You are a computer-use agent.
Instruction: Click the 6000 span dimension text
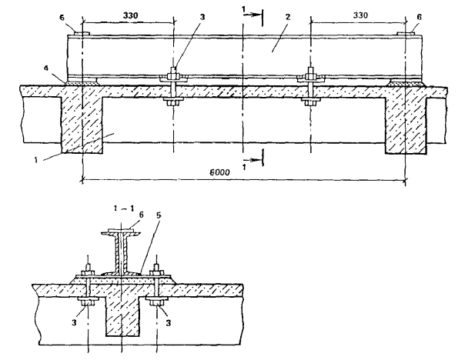pyautogui.click(x=219, y=172)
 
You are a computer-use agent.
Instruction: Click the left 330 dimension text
pyautogui.click(x=130, y=15)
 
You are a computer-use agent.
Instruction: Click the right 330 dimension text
pyautogui.click(x=360, y=15)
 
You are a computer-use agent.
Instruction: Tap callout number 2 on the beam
pyautogui.click(x=287, y=17)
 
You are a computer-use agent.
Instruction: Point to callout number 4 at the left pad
pyautogui.click(x=46, y=68)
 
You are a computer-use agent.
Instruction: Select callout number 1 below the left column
pyautogui.click(x=36, y=161)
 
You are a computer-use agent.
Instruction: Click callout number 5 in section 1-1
pyautogui.click(x=159, y=215)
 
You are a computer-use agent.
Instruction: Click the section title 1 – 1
pyautogui.click(x=124, y=208)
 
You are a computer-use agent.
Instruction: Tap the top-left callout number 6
pyautogui.click(x=62, y=18)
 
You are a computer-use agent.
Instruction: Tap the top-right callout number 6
pyautogui.click(x=419, y=17)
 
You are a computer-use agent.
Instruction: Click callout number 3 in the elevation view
pyautogui.click(x=202, y=17)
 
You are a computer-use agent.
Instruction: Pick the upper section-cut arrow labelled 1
pyautogui.click(x=253, y=14)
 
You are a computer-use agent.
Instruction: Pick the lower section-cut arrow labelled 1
pyautogui.click(x=253, y=160)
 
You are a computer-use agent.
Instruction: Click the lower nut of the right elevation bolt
pyautogui.click(x=310, y=103)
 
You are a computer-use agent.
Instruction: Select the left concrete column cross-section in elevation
pyautogui.click(x=82, y=125)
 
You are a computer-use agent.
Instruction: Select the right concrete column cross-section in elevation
pyautogui.click(x=406, y=125)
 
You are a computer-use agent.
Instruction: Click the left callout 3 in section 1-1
pyautogui.click(x=74, y=322)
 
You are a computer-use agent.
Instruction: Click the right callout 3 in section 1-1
pyautogui.click(x=168, y=322)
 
